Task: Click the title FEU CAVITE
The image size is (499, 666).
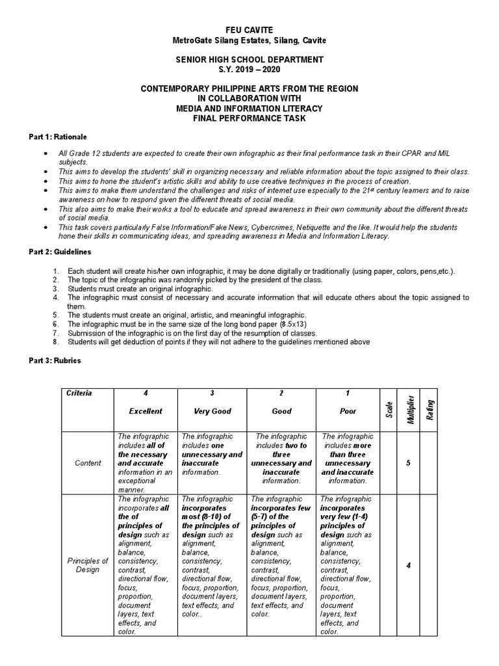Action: (x=249, y=31)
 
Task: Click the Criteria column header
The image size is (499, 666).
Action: (x=79, y=393)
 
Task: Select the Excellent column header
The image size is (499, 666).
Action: (x=146, y=411)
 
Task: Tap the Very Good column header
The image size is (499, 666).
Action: (x=212, y=411)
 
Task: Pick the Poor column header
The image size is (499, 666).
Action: (x=348, y=411)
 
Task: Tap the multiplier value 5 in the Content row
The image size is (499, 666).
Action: (x=408, y=463)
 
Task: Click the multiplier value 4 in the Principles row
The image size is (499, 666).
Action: (x=408, y=565)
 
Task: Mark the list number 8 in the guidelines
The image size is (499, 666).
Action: (x=57, y=342)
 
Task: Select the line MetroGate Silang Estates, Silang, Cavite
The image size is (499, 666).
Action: (x=249, y=40)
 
